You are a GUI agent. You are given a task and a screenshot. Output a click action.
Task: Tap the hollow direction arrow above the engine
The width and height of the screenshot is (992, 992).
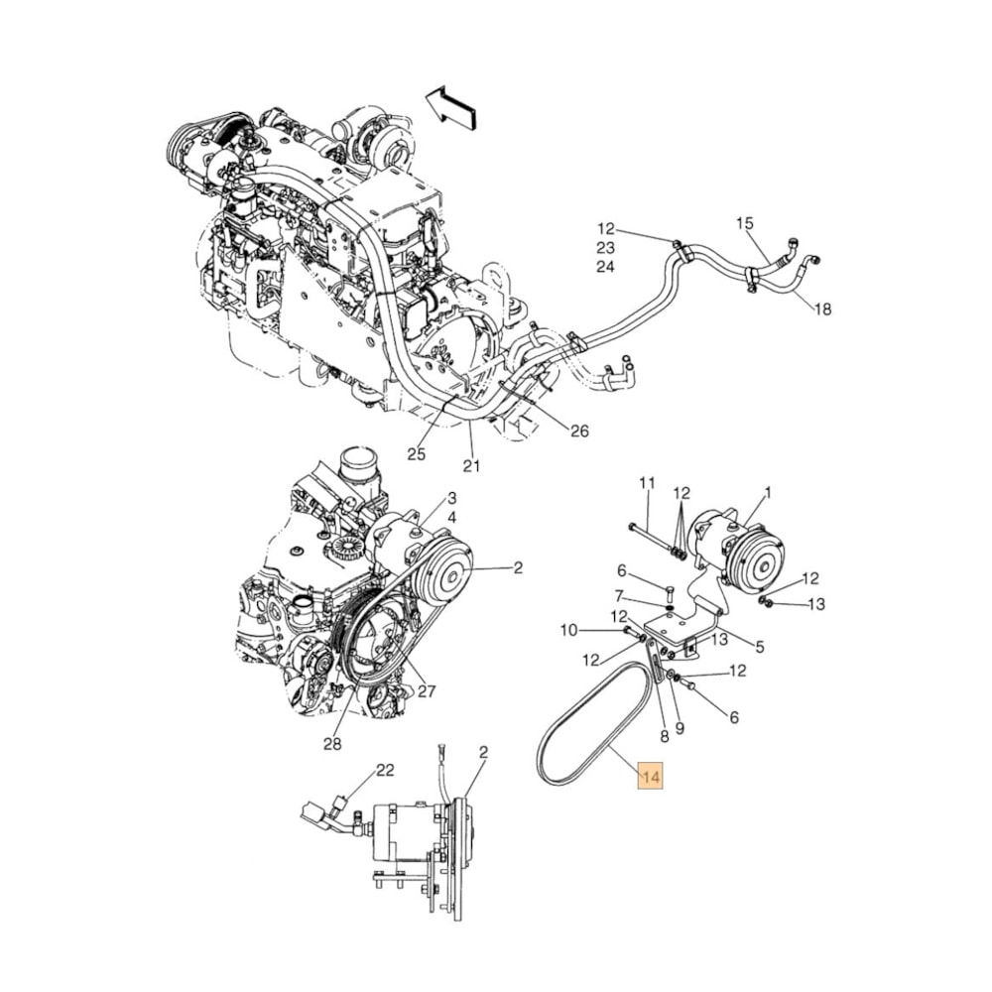coord(452,106)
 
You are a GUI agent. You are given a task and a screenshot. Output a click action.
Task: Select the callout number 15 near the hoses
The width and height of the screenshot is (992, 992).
coord(745,224)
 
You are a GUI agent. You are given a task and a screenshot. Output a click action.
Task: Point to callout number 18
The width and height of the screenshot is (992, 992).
coord(822,310)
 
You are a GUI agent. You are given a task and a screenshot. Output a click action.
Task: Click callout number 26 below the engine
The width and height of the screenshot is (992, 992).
coord(580,431)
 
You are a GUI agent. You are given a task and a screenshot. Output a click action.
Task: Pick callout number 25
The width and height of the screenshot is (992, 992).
coord(416,454)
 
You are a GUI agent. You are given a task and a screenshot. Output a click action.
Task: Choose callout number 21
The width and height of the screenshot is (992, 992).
coord(471,465)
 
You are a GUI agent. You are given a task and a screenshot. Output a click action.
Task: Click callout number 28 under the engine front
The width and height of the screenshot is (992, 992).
coord(332,745)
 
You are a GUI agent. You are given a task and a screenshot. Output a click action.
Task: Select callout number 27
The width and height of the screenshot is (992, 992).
coord(427,691)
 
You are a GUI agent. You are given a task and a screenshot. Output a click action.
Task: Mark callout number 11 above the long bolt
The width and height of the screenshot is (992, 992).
coord(647,483)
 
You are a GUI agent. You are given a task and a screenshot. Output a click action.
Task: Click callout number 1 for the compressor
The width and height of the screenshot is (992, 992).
coord(767,492)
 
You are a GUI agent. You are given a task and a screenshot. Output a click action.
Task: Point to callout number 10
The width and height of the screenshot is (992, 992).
coord(568,630)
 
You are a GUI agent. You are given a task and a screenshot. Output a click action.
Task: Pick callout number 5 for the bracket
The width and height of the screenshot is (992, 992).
coord(759,648)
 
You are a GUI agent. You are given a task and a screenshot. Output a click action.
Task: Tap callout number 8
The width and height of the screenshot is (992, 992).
coord(663,737)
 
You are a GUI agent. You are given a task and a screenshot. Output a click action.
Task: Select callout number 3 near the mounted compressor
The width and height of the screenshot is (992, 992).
coord(451,498)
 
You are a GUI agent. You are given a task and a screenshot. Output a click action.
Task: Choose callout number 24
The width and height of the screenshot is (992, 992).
coord(606,267)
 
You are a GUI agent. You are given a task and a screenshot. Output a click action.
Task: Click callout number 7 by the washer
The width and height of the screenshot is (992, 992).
coord(621,595)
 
